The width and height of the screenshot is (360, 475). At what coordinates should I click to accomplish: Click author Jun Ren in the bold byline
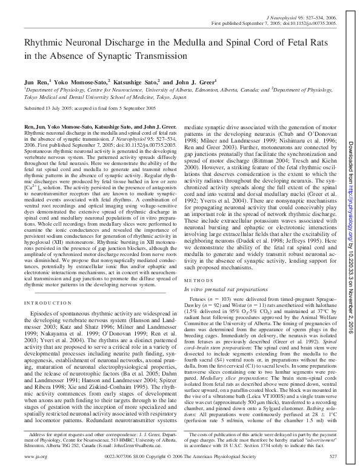(35, 81)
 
